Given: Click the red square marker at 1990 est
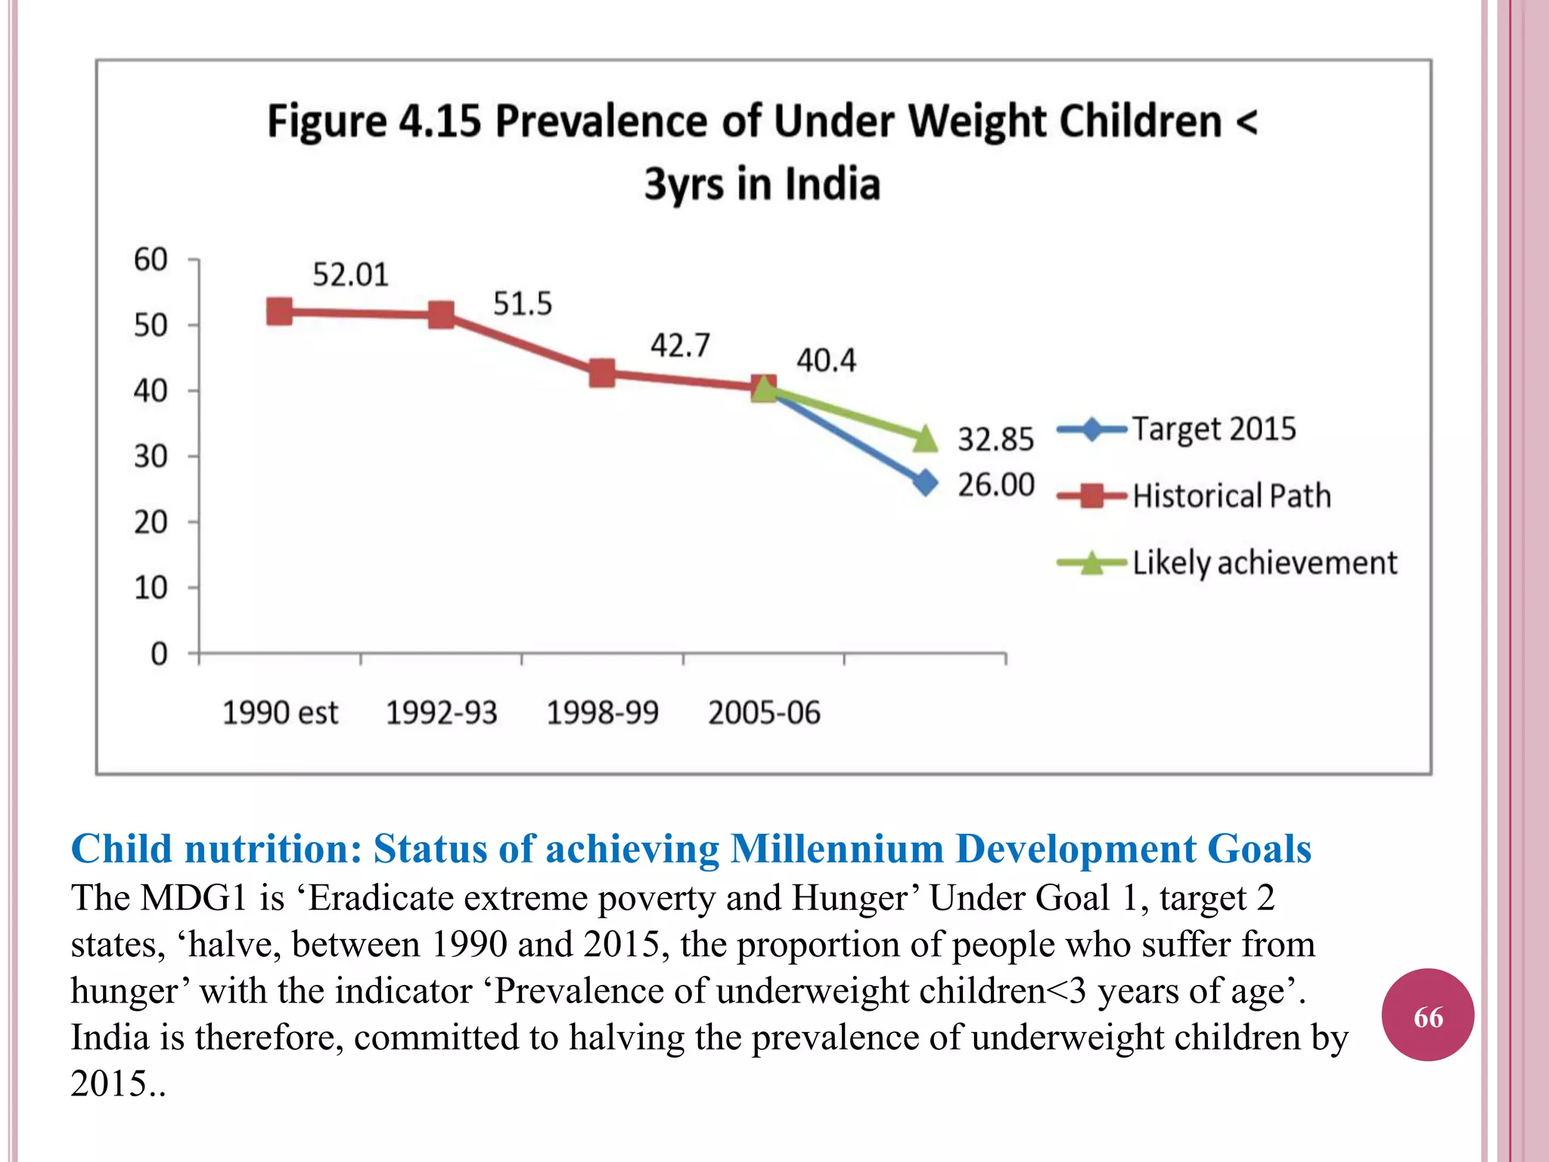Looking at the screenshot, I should [x=279, y=312].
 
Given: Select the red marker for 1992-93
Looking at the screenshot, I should [x=441, y=315].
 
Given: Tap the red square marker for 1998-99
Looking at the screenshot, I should [x=602, y=372].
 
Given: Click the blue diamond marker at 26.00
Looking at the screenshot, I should [x=924, y=483].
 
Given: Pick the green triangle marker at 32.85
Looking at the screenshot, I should [x=925, y=438].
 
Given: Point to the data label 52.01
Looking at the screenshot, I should [x=350, y=275].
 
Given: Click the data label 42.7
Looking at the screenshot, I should [x=680, y=346].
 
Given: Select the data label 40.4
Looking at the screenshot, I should [x=826, y=360].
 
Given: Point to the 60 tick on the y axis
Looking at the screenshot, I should [x=150, y=259].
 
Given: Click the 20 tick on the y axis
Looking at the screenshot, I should [x=150, y=522].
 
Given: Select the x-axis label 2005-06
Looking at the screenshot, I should [x=764, y=713].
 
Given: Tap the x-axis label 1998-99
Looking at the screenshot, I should [x=602, y=713].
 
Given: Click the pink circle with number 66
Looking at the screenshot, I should [x=1427, y=1016].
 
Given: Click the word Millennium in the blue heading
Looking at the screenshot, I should [x=837, y=848].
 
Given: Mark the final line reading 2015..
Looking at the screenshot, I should [x=117, y=1083].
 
